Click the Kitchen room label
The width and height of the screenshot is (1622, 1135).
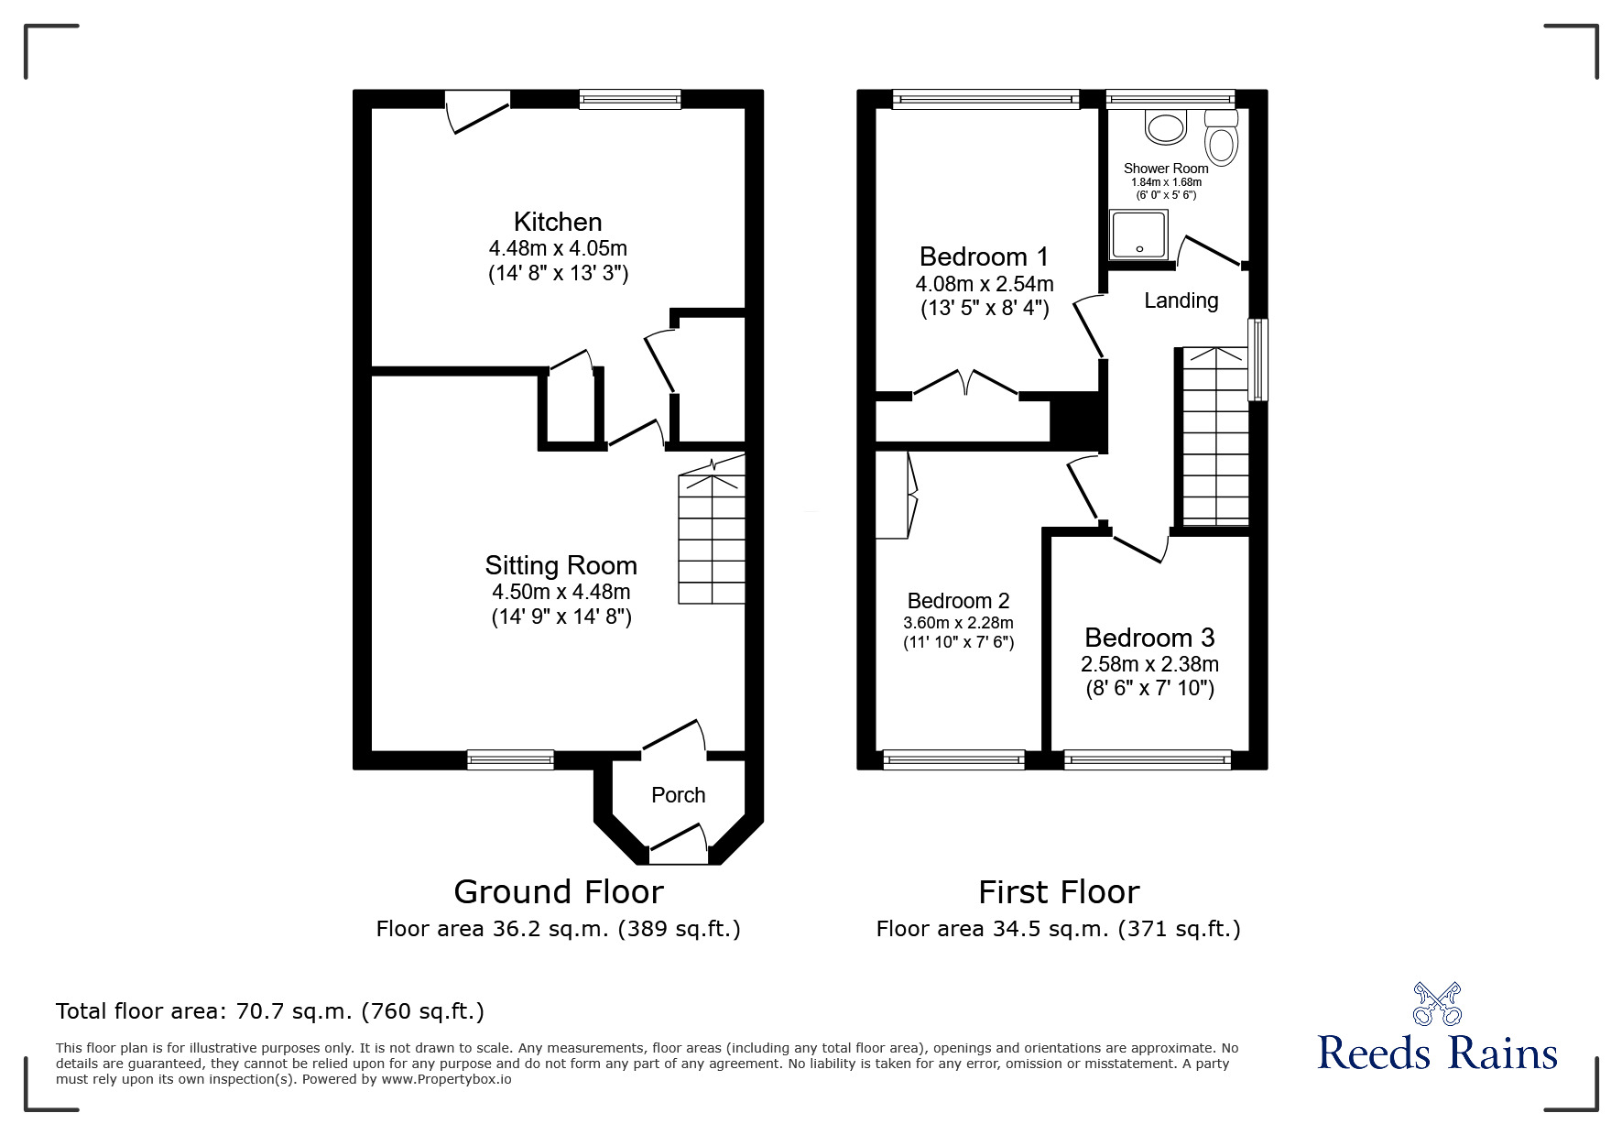click(x=558, y=222)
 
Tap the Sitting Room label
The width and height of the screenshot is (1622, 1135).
click(x=561, y=565)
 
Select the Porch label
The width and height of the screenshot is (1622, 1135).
click(x=678, y=795)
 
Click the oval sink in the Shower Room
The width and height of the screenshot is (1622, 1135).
click(x=1165, y=126)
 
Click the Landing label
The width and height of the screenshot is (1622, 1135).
click(x=1181, y=300)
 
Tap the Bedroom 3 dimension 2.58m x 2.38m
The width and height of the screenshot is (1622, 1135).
click(x=1149, y=664)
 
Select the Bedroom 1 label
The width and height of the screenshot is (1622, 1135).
click(x=984, y=256)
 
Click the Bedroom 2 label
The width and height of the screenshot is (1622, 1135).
click(x=958, y=601)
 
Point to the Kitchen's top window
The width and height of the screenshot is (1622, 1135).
click(x=630, y=99)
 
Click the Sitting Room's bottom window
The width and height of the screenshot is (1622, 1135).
click(x=510, y=758)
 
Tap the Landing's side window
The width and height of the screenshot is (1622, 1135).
click(x=1258, y=359)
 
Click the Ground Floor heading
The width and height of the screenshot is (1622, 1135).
click(x=559, y=891)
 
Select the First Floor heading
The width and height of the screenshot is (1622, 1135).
click(x=1059, y=891)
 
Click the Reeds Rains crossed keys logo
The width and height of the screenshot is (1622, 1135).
click(x=1437, y=1003)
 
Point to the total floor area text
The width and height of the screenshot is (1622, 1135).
click(x=270, y=1011)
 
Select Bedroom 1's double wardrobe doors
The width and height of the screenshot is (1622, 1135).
click(x=966, y=382)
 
